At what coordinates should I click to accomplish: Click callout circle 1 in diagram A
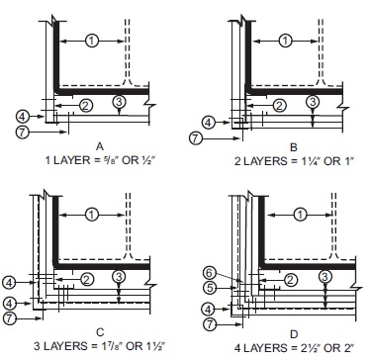coord(92,41)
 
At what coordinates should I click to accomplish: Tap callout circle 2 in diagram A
coord(86,106)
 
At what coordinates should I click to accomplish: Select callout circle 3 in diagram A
coord(119,102)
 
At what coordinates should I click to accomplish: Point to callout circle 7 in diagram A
coord(23,132)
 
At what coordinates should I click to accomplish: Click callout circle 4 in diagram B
coord(208,123)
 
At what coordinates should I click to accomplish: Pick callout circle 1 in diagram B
coord(286,41)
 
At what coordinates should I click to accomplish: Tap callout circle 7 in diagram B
coord(196,138)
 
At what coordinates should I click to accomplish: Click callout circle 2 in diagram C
coord(87,280)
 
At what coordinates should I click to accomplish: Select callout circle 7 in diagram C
coord(10,318)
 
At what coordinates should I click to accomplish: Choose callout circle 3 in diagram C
coord(119,276)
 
